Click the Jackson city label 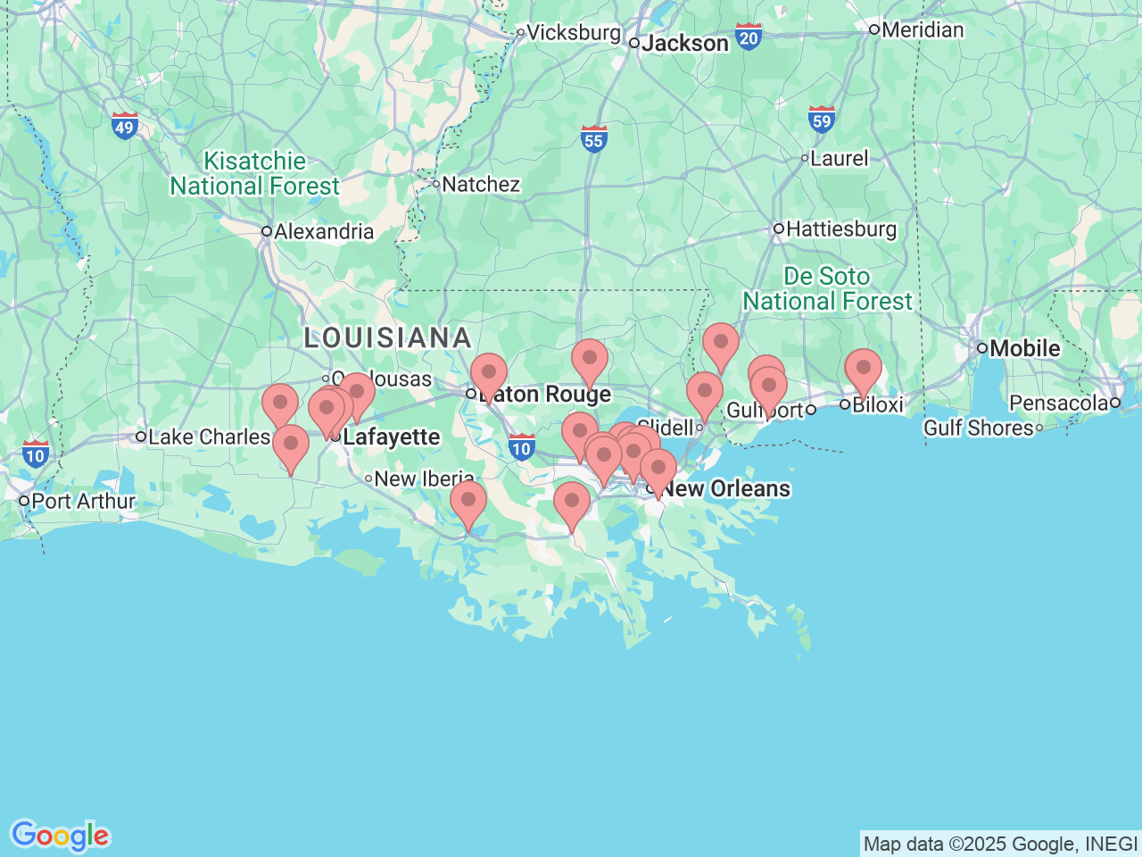[684, 43]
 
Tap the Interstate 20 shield [749, 37]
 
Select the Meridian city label [922, 29]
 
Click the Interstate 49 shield [125, 126]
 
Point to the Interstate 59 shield [822, 120]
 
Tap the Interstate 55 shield [594, 138]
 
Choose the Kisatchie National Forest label [255, 174]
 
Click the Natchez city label [480, 185]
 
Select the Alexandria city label [323, 232]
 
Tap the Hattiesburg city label [840, 229]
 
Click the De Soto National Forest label [827, 289]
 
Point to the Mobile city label [1024, 348]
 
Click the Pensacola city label [1058, 404]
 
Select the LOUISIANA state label [388, 337]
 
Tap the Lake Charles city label [208, 437]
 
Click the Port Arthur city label [82, 501]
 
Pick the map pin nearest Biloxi [863, 370]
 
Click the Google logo [60, 836]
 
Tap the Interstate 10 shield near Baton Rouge [521, 448]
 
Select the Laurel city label [839, 159]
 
